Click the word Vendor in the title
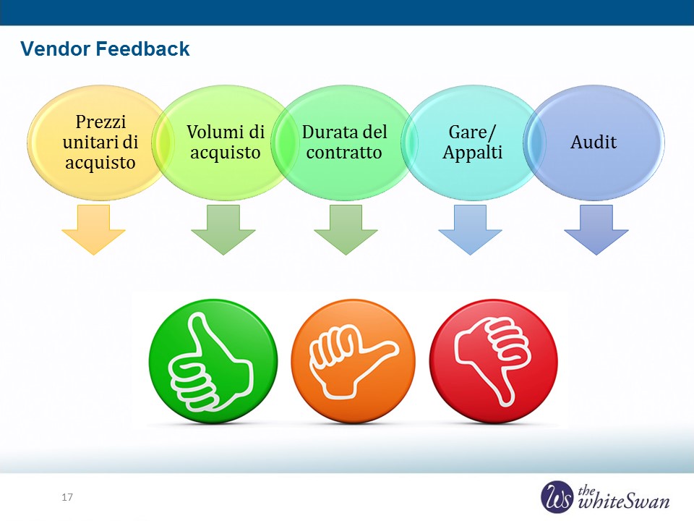(56, 48)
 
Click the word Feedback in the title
(142, 48)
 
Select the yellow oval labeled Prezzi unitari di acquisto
(98, 143)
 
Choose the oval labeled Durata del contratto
(344, 143)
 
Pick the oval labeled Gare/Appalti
(473, 143)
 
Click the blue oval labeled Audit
(594, 143)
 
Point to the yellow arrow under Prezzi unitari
(93, 229)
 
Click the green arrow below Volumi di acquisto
(223, 229)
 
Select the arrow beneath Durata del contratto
(346, 229)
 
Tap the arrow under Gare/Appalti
(470, 229)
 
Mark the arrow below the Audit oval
(596, 229)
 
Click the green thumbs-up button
(213, 361)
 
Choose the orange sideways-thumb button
(354, 361)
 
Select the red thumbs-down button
(494, 361)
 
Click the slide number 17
(67, 497)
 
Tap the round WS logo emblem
(557, 496)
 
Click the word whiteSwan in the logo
(624, 502)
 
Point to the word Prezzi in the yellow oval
(101, 122)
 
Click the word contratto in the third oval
(344, 153)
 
